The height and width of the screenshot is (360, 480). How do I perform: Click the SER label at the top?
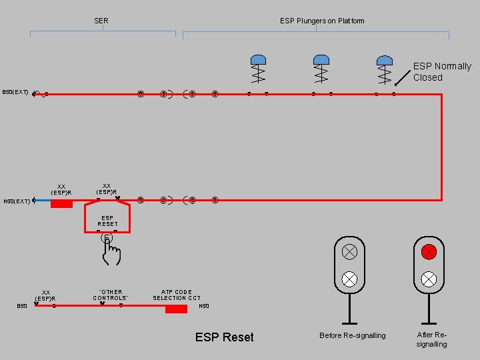click(x=101, y=21)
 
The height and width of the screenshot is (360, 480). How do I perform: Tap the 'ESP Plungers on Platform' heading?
click(x=322, y=21)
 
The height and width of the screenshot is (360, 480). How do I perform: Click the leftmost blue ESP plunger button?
click(x=258, y=60)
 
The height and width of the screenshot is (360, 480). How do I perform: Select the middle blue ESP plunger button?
click(x=321, y=60)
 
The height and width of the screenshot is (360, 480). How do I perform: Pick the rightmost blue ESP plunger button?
click(x=384, y=60)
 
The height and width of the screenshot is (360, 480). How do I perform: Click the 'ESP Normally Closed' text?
click(x=441, y=71)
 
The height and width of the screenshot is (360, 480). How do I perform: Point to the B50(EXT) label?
click(x=15, y=92)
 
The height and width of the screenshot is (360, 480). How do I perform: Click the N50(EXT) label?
click(x=17, y=201)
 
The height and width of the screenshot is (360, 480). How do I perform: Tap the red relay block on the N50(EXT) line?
click(x=61, y=203)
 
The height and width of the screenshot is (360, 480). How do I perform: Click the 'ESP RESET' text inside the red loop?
click(x=107, y=221)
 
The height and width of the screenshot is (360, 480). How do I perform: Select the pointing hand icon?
click(x=111, y=250)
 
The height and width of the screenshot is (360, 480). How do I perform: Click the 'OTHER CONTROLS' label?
click(x=111, y=295)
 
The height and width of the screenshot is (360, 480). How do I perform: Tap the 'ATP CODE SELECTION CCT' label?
click(x=177, y=295)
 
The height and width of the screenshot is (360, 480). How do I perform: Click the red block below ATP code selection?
click(x=176, y=309)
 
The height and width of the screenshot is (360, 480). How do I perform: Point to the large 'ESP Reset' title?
click(x=224, y=337)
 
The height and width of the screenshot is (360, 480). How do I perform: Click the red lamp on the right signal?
click(x=429, y=252)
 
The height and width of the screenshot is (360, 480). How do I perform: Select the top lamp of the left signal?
click(x=349, y=252)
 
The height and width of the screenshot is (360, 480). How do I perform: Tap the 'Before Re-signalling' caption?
click(x=352, y=335)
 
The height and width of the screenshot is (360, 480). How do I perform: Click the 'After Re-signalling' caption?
click(x=431, y=339)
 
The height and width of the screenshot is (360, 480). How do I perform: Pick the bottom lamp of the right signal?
click(x=429, y=279)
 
